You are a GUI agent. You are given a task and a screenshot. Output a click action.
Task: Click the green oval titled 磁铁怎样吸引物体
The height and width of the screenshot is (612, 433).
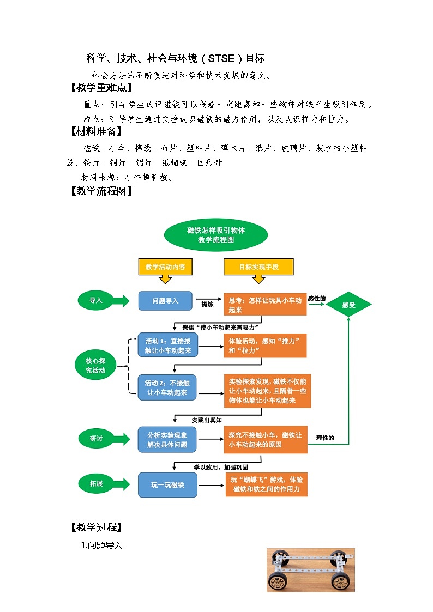(x=216, y=235)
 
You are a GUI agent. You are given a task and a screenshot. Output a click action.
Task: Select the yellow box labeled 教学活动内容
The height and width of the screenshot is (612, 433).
(x=165, y=267)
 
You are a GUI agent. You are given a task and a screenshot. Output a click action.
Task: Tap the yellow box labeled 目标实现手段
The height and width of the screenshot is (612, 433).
(x=258, y=267)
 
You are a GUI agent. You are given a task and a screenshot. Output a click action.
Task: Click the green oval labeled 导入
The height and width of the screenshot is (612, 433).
(x=96, y=300)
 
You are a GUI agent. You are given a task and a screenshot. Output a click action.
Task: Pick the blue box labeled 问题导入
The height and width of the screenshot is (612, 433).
(x=165, y=301)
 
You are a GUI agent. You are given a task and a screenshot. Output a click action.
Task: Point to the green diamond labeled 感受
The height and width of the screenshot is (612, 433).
(x=348, y=305)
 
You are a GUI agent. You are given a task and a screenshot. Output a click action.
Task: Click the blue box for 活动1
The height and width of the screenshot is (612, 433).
(x=168, y=346)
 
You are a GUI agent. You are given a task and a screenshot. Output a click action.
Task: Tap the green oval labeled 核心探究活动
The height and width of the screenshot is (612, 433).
(x=96, y=366)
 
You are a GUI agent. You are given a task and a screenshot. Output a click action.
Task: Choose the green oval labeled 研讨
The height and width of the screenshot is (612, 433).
(x=96, y=439)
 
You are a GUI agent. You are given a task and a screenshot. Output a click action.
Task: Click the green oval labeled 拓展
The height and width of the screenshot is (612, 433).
(x=96, y=483)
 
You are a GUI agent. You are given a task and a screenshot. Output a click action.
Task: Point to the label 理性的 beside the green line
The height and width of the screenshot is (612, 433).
(x=325, y=438)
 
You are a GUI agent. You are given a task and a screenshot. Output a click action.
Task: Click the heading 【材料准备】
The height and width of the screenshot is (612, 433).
(x=95, y=131)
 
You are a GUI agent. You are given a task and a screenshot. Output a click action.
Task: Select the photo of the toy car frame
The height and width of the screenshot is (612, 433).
(x=310, y=570)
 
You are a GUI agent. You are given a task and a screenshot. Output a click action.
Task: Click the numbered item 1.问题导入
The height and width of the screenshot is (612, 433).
(x=102, y=545)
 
